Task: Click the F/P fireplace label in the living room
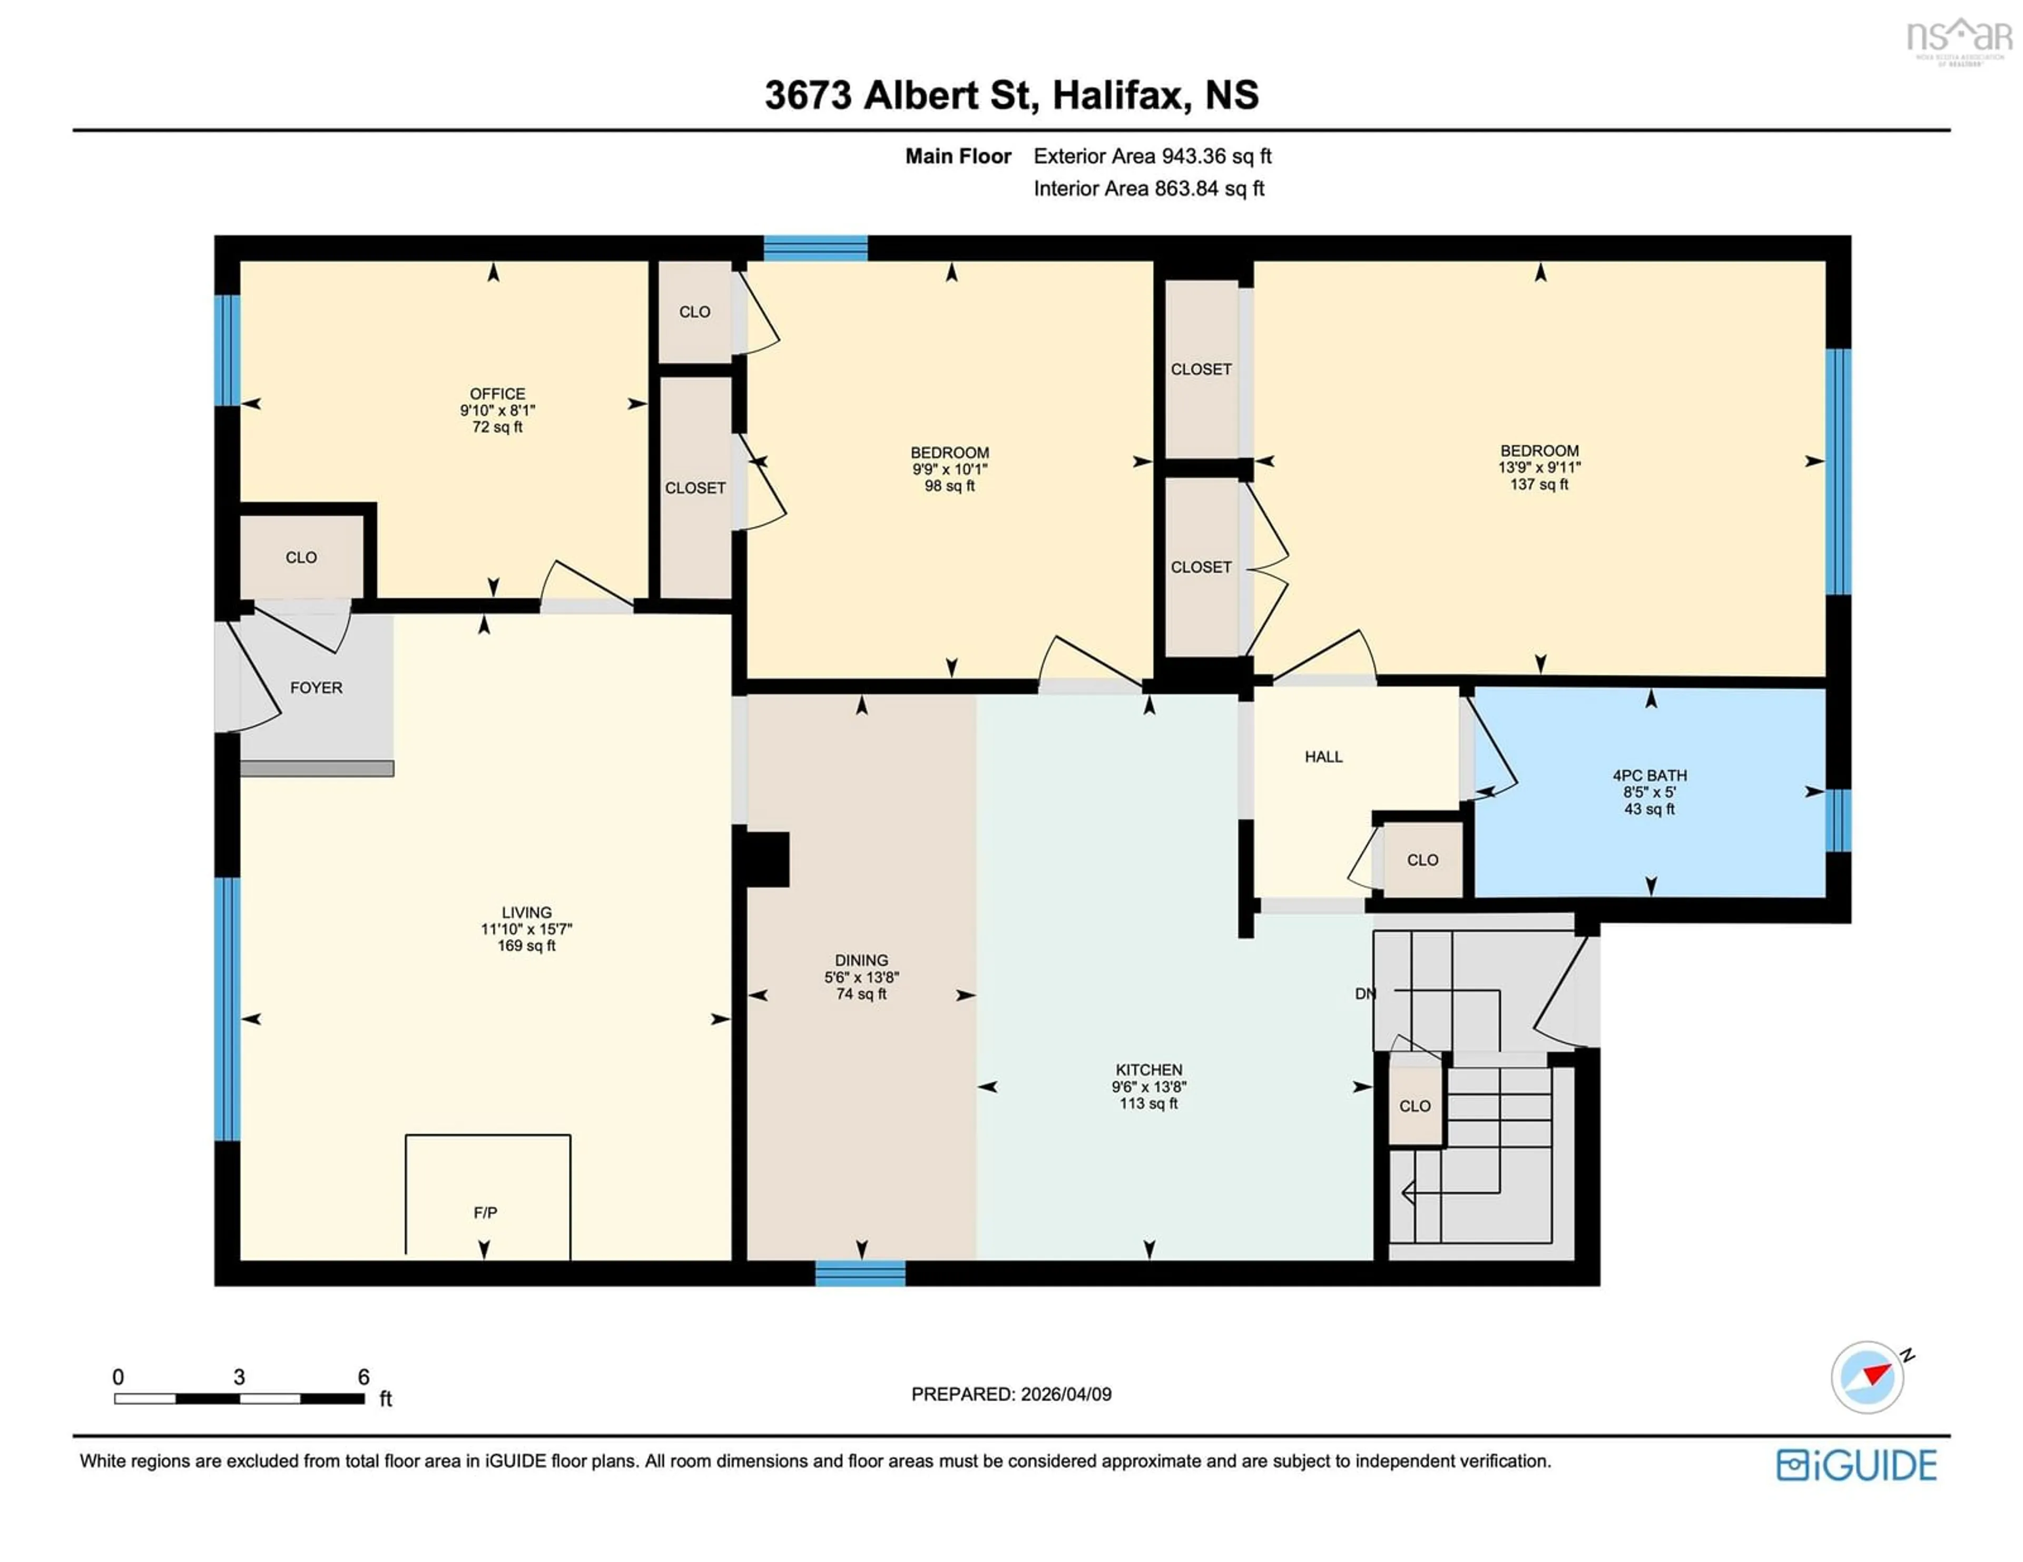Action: (x=485, y=1212)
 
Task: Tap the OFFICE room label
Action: (x=497, y=393)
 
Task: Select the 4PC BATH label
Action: (x=1649, y=775)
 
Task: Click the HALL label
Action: (x=1323, y=756)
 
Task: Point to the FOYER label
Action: (x=316, y=687)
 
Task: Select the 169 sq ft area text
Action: (x=526, y=945)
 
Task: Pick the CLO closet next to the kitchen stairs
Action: (x=1415, y=1105)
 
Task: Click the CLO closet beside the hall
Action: (x=1422, y=860)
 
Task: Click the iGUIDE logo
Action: (x=1857, y=1465)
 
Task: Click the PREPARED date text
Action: (x=1010, y=1393)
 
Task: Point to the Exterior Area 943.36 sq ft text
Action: (x=1152, y=155)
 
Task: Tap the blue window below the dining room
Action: (x=860, y=1273)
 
